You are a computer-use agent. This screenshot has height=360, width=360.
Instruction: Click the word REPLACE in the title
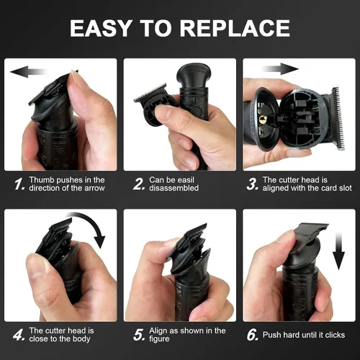click(x=235, y=28)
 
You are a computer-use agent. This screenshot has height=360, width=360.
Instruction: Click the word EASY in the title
click(x=101, y=28)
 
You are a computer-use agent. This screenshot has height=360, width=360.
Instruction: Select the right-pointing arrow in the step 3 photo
click(x=280, y=69)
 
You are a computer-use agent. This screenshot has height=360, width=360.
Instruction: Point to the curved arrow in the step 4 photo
click(x=92, y=222)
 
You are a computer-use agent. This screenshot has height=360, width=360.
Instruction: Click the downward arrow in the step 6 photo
click(x=338, y=251)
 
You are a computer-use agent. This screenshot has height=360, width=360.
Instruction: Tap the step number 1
click(x=19, y=184)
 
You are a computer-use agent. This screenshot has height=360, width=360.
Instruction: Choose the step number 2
click(x=139, y=184)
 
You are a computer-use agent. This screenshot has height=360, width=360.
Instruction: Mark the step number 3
click(x=253, y=184)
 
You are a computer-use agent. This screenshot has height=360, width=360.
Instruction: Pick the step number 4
click(x=19, y=335)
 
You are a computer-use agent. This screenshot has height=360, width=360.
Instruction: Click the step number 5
click(x=139, y=335)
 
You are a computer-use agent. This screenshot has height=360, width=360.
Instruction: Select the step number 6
click(x=253, y=335)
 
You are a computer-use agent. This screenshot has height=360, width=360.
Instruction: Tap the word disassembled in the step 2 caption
click(x=174, y=188)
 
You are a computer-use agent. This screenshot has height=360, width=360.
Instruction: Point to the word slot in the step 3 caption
click(x=346, y=188)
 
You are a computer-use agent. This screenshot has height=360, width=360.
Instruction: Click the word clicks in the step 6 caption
click(x=335, y=335)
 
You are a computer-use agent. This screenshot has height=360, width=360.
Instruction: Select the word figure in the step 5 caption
click(x=159, y=339)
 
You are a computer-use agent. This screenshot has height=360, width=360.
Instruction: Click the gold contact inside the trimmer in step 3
click(x=263, y=119)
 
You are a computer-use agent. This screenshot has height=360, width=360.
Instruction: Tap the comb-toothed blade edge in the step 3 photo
click(x=338, y=118)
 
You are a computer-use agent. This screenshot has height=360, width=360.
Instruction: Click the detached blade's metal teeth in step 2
click(x=150, y=92)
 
